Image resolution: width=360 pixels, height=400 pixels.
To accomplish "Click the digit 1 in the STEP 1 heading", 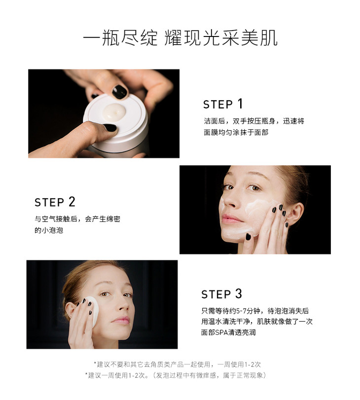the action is point(240,104).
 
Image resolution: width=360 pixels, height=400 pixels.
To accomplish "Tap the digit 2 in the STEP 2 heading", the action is point(72,202).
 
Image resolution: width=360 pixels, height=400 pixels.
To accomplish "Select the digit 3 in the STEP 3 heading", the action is point(238,293).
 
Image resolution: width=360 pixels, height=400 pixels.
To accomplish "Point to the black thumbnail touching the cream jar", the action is point(110,127).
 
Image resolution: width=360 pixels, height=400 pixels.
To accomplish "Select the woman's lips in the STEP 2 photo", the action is point(232,219).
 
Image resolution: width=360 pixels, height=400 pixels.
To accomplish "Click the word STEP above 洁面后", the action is point(218,105).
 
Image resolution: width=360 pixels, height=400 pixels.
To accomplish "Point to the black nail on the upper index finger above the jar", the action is point(120,92).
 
